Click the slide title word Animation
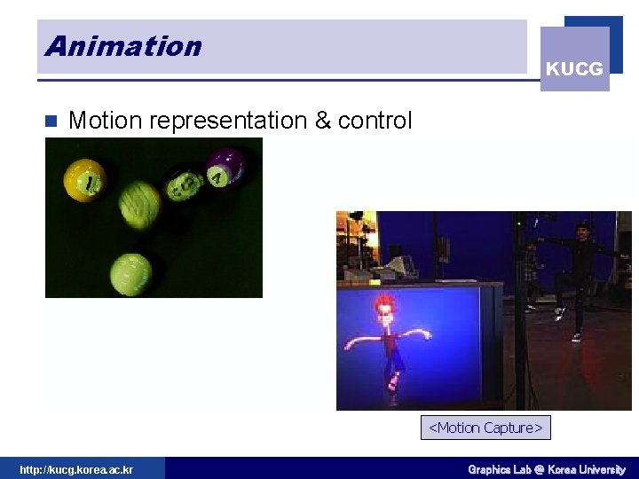[x=123, y=46]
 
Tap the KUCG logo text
[x=574, y=69]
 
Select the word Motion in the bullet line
[x=105, y=121]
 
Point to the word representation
[x=228, y=121]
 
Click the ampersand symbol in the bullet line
[x=322, y=121]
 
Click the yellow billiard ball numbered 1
[x=85, y=180]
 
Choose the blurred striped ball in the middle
[x=139, y=203]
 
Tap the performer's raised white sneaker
[x=560, y=312]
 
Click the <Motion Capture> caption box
[x=485, y=428]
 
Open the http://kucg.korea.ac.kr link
[x=76, y=469]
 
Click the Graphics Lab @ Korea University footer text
[x=547, y=469]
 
